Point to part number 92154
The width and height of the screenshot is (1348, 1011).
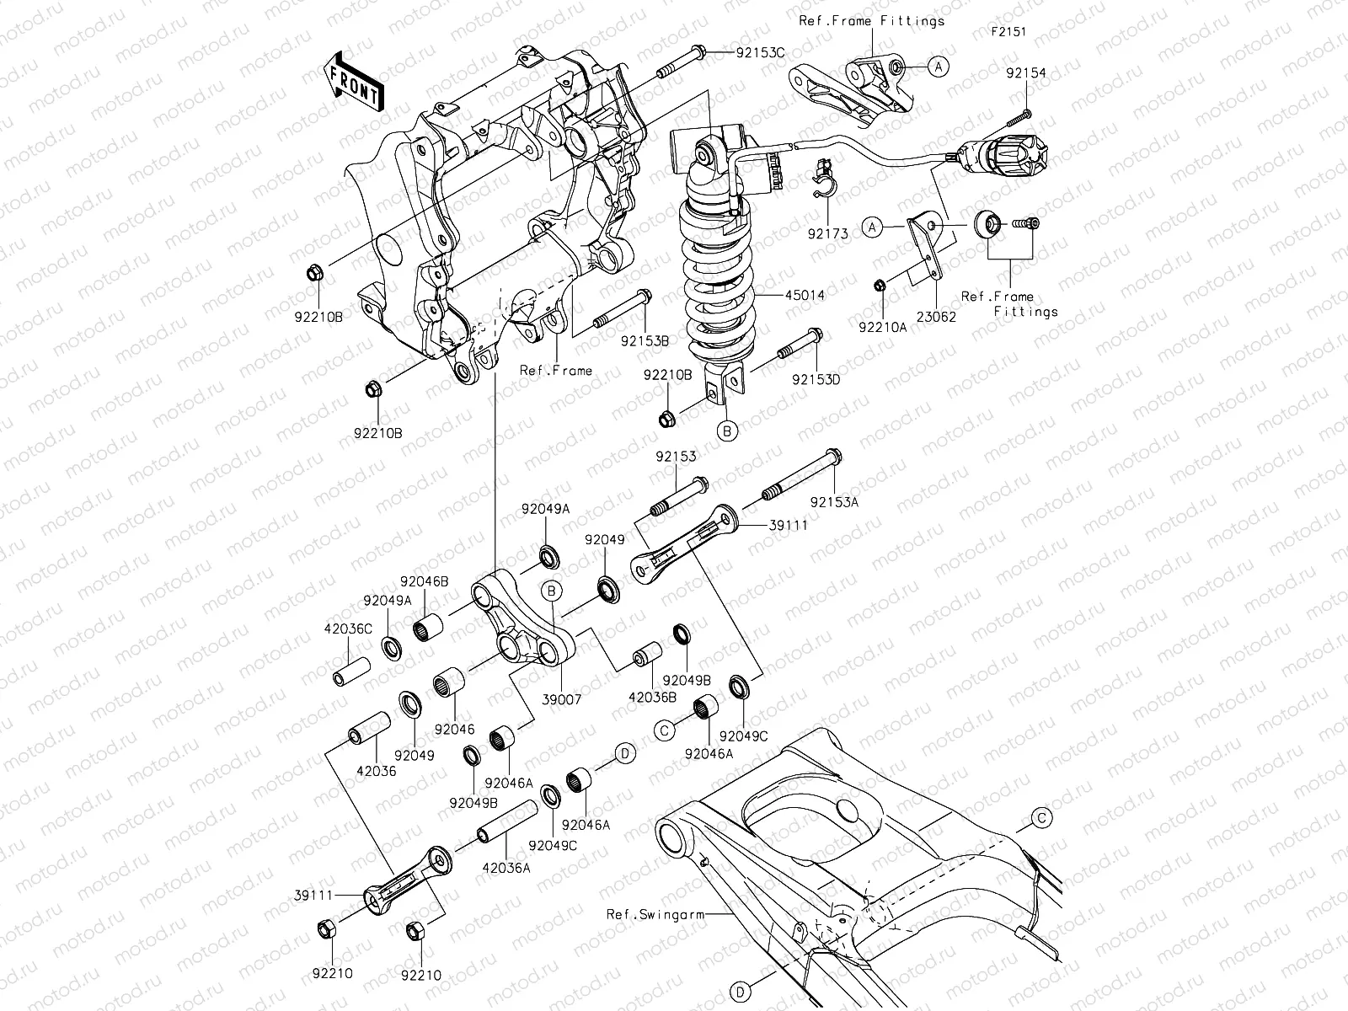click(x=1025, y=73)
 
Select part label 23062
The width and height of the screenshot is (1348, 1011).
click(x=936, y=318)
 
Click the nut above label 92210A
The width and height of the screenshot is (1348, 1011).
click(x=879, y=286)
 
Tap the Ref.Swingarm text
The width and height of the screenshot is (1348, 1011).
click(x=645, y=913)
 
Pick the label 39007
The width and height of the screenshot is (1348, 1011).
click(x=562, y=699)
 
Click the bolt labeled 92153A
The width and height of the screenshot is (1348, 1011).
click(x=800, y=475)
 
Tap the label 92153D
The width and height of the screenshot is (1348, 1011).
click(x=816, y=379)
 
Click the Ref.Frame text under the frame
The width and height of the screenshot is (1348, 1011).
click(x=555, y=370)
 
